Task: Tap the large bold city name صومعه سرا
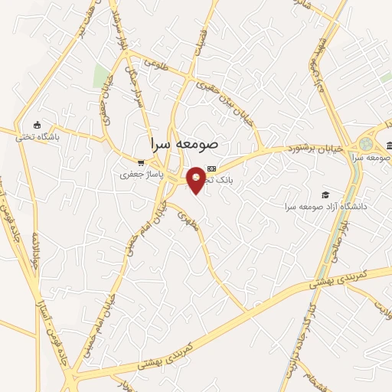(186, 143)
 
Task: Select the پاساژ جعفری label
(138, 175)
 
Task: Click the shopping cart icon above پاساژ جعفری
(140, 162)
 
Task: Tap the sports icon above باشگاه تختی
(37, 125)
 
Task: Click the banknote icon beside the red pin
(212, 169)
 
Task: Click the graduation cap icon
(325, 194)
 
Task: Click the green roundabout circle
(367, 143)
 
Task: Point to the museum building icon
(389, 145)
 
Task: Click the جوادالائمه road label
(34, 241)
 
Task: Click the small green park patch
(100, 76)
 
